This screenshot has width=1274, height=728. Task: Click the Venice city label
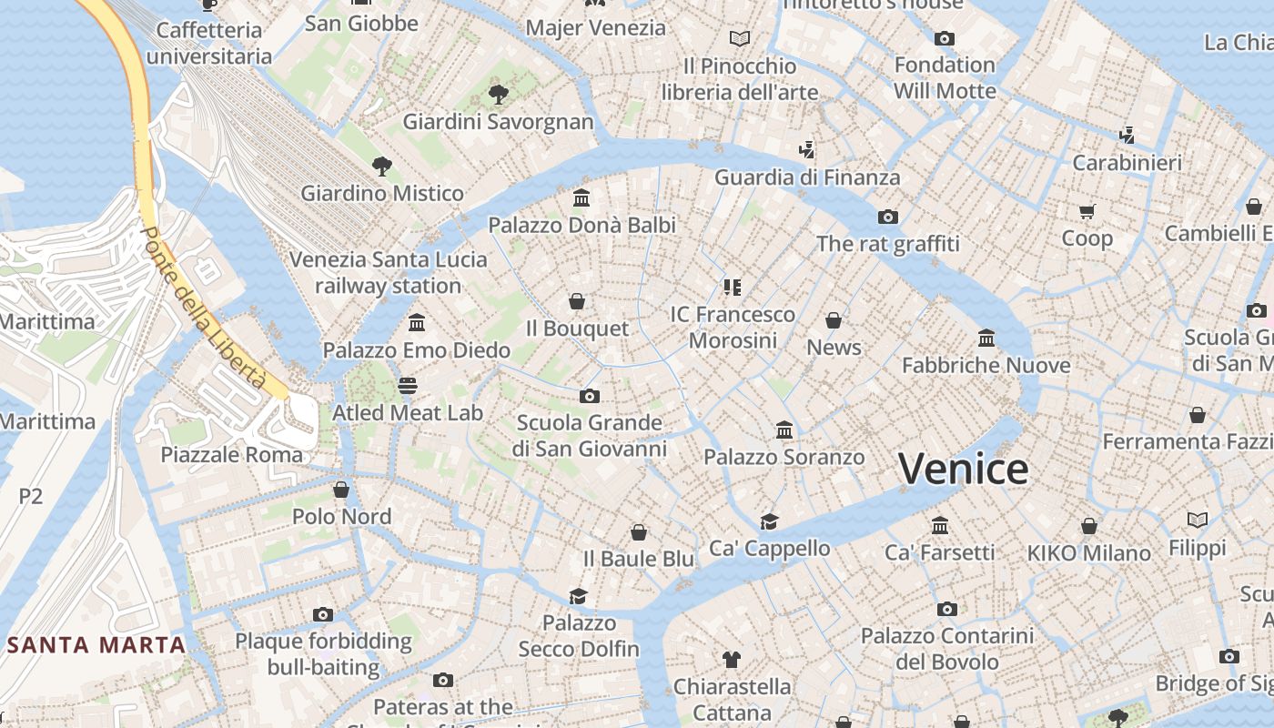tap(964, 470)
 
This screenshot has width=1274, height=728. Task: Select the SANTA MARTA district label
tap(97, 645)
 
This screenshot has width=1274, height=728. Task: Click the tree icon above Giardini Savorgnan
tap(498, 93)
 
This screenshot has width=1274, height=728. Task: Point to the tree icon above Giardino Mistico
tap(382, 166)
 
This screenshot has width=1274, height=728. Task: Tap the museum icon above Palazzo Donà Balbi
tap(581, 197)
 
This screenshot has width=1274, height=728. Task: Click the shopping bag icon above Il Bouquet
tap(577, 301)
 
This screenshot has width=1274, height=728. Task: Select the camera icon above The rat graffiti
tap(887, 217)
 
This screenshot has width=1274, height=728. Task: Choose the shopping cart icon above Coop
tap(1087, 212)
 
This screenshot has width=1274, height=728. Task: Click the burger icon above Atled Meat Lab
tap(407, 386)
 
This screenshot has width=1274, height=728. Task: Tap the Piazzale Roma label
tap(232, 454)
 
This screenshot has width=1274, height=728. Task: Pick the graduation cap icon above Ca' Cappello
tap(770, 521)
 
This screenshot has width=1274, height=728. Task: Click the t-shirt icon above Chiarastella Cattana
tap(732, 659)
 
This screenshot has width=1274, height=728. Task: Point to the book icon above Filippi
tap(1198, 521)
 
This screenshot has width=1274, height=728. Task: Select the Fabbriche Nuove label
tap(986, 365)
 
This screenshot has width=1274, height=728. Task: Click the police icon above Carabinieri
tap(1127, 136)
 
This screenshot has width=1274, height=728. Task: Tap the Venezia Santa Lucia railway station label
tap(389, 272)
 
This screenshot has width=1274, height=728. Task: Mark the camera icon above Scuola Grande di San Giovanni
tap(590, 396)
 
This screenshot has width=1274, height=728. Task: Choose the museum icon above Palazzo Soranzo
tap(784, 430)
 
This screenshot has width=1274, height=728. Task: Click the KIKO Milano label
tap(1089, 552)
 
